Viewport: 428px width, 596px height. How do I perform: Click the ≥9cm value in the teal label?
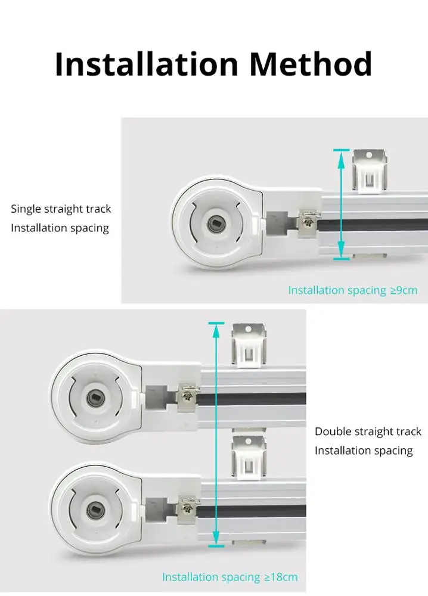[404, 291]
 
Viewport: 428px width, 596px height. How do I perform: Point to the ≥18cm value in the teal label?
[281, 578]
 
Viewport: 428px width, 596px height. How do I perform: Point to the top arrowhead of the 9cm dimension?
[342, 156]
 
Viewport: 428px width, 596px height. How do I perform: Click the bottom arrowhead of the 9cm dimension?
[342, 253]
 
